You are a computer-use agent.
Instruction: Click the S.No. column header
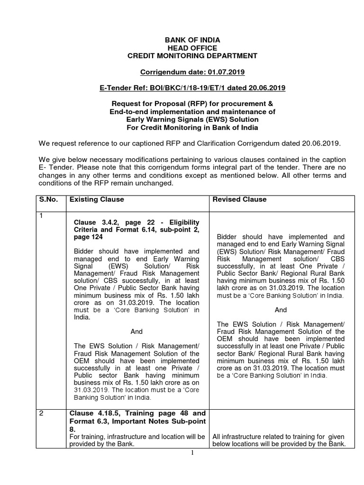(48, 199)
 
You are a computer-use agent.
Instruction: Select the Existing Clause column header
(97, 199)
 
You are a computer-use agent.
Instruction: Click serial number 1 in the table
(41, 216)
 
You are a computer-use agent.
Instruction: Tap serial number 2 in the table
(41, 413)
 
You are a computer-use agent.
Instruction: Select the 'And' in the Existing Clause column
(136, 332)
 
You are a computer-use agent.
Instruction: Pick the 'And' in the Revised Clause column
(281, 310)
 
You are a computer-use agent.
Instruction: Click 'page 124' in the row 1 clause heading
(88, 238)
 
